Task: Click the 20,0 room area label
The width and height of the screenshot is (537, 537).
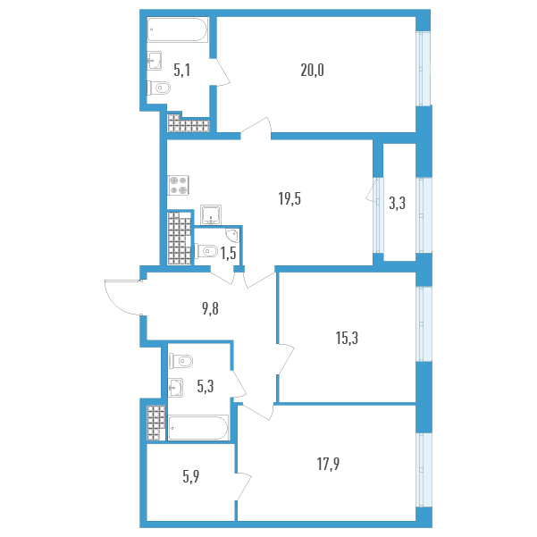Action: pos(312,71)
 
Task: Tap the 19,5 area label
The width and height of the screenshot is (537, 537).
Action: pos(289,199)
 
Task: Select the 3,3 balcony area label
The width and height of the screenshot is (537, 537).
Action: pos(398,204)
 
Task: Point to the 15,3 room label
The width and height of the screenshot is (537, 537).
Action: pos(347,338)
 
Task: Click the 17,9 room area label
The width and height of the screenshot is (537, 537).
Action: pos(328,465)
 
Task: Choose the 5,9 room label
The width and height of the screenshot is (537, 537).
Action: pos(190,477)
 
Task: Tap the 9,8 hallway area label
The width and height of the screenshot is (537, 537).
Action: pos(210,309)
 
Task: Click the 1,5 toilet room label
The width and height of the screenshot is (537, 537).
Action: pos(229,254)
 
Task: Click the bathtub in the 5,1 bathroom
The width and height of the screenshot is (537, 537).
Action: pos(178,29)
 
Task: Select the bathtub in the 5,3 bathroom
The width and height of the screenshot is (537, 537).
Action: pos(198,427)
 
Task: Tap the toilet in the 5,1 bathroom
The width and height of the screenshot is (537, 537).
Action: pos(159,88)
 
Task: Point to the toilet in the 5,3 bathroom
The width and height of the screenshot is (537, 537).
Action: pos(181,361)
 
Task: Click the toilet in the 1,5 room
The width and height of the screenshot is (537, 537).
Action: pos(206,251)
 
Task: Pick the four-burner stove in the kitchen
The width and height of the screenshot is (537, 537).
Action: pos(178,185)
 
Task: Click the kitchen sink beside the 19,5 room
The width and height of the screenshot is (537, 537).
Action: pos(211,214)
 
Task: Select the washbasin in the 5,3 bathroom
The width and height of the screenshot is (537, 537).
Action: pos(176,388)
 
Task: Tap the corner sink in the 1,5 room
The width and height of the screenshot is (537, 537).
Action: pos(232,236)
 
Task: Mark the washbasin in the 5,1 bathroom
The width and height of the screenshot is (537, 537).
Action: pos(155,61)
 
